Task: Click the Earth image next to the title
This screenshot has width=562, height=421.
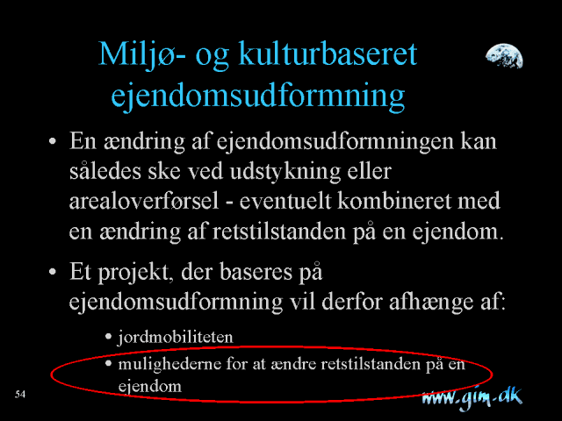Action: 504,56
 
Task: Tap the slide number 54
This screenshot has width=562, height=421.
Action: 20,394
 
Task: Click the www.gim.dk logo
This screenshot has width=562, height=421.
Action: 472,398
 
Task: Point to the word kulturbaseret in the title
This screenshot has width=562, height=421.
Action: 328,54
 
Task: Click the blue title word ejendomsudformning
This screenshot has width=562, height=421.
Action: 257,96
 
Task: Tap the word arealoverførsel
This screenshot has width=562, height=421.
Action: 144,201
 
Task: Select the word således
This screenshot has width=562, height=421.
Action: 105,171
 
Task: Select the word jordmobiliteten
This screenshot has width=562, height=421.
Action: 176,338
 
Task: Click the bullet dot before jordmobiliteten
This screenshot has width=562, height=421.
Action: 109,337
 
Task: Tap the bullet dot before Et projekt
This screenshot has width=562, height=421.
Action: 53,272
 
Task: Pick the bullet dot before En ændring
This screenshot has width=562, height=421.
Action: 53,141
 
